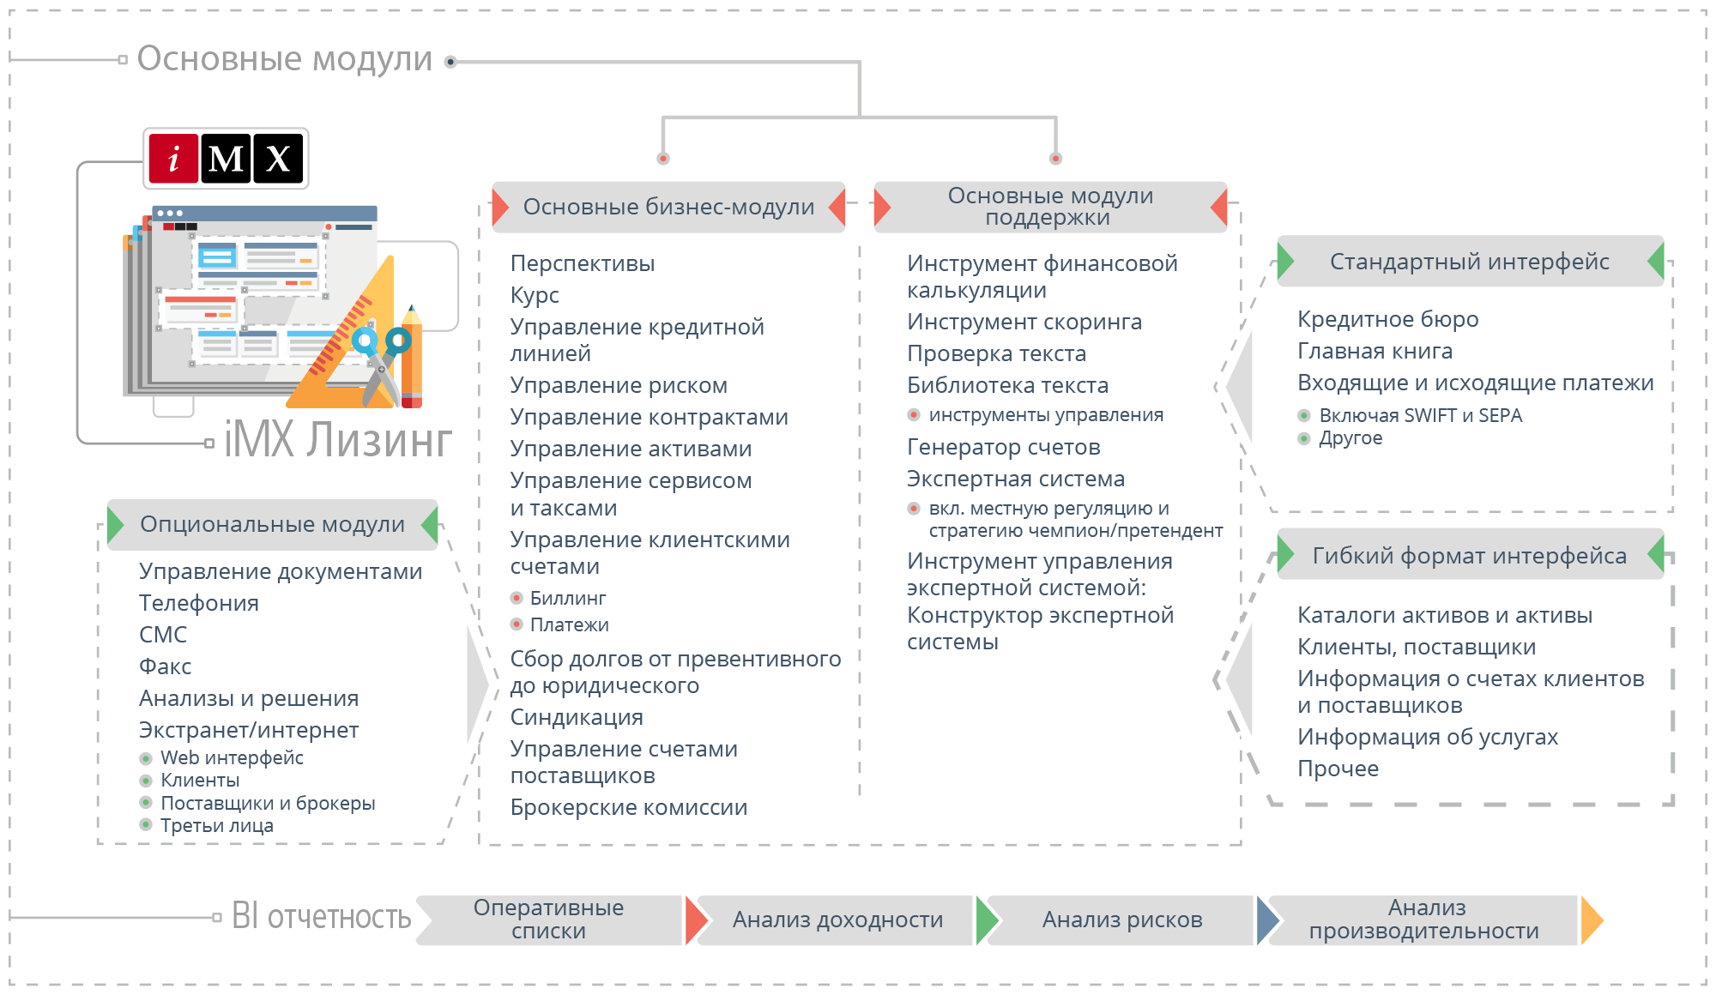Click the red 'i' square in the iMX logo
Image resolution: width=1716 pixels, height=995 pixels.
pos(173,159)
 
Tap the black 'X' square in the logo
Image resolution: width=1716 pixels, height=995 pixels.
pos(277,159)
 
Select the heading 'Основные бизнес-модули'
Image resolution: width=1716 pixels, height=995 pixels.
pos(668,207)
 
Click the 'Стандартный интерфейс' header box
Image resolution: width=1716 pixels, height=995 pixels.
pos(1469,262)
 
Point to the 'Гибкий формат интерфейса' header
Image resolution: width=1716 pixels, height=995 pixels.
pos(1469,556)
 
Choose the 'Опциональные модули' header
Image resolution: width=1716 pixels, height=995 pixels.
pos(272,524)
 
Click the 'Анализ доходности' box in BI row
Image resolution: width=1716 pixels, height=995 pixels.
pos(837,920)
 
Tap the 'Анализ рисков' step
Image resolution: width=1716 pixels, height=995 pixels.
pos(1121,920)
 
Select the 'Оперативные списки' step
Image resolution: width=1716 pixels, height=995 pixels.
pos(549,920)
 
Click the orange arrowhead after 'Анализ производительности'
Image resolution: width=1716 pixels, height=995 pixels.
pos(1592,920)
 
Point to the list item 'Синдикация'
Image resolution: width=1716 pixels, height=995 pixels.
pos(577,717)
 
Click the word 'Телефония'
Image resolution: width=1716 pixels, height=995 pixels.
pos(199,603)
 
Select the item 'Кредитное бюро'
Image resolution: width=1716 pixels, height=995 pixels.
pos(1387,319)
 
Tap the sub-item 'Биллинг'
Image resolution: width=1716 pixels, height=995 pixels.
pos(568,598)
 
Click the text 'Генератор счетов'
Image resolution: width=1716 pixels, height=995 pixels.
pos(1003,447)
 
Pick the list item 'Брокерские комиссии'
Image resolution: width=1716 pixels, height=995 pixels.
pos(628,807)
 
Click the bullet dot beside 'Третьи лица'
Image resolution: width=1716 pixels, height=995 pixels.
pos(146,825)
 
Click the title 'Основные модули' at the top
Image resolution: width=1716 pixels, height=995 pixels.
pos(284,59)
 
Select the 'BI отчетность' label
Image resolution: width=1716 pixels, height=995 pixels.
pos(322,917)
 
